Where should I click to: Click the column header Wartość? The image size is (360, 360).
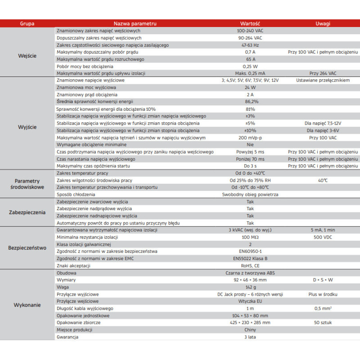250,23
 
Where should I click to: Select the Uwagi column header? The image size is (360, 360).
323,23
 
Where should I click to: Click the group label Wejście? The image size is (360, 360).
27,56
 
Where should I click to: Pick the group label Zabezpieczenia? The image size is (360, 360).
27,212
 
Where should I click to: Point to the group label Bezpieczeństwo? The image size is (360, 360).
27,247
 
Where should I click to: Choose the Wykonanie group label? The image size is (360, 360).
27,305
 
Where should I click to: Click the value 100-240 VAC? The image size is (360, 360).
250,31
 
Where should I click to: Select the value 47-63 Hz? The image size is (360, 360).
250,45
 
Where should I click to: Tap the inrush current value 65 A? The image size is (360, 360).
250,59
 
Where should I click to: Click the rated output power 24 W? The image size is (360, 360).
250,87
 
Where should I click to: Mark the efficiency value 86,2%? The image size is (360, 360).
250,102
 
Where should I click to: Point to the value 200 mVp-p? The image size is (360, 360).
250,137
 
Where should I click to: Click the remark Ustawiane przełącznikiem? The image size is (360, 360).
323,80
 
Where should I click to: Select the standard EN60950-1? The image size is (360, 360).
250,251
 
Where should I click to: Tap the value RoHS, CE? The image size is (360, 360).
250,265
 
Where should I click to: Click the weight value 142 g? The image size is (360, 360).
250,287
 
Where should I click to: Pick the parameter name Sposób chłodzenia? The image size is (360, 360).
75,194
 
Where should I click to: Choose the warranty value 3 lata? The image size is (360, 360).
250,337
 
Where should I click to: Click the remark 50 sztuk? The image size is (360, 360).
323,322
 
